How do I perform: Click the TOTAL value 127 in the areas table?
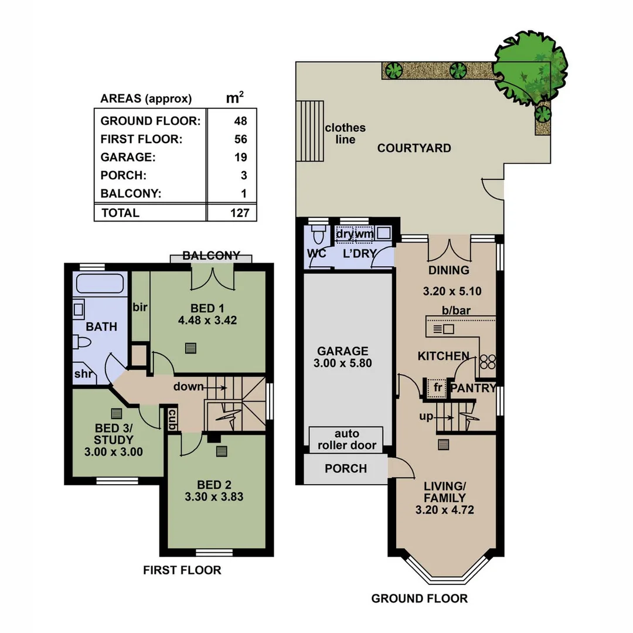tap(240, 213)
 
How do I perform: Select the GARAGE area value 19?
tap(240, 157)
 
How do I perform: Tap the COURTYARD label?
tap(414, 148)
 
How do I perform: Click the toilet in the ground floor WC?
tap(319, 236)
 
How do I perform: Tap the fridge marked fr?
tap(436, 387)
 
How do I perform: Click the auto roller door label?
tap(346, 440)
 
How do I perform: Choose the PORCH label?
tap(345, 468)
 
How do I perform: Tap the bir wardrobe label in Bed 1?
tap(139, 307)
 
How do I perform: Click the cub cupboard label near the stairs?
tap(173, 420)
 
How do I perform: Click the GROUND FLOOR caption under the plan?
tap(419, 598)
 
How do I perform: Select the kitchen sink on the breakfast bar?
tap(444, 329)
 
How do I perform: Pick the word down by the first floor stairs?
tap(188, 387)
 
